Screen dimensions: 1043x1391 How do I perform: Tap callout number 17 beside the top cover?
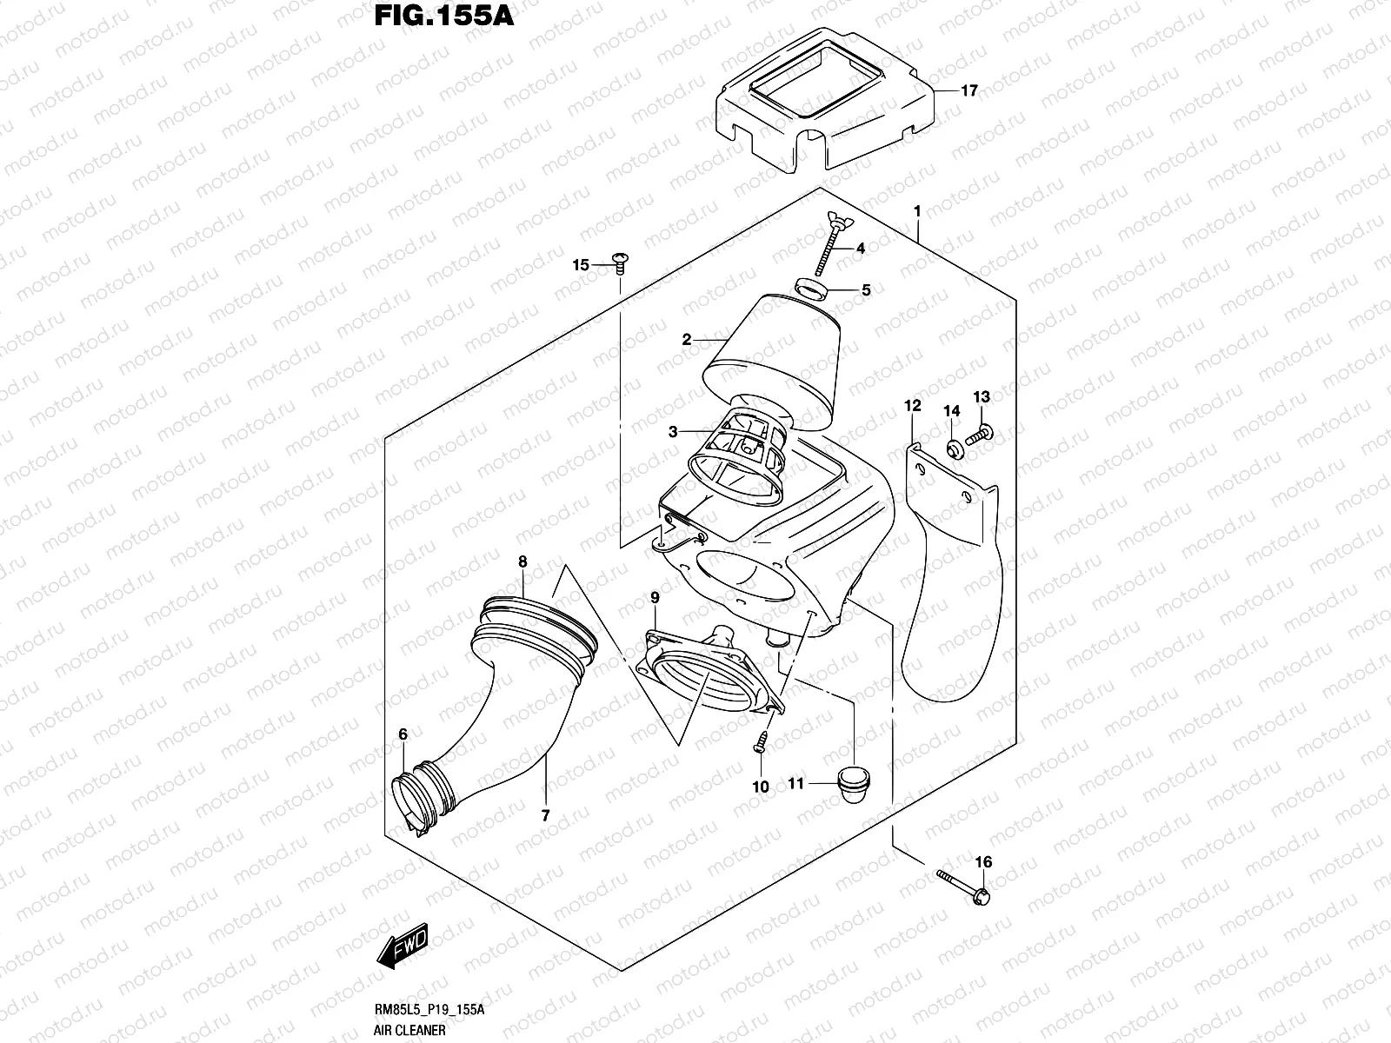point(969,90)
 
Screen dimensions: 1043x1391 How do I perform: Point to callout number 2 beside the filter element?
point(687,340)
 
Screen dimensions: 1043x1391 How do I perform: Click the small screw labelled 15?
point(620,261)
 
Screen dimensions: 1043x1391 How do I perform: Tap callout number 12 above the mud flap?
point(912,406)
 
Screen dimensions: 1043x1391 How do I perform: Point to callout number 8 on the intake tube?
point(522,561)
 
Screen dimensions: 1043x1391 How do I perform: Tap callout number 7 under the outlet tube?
point(545,815)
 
